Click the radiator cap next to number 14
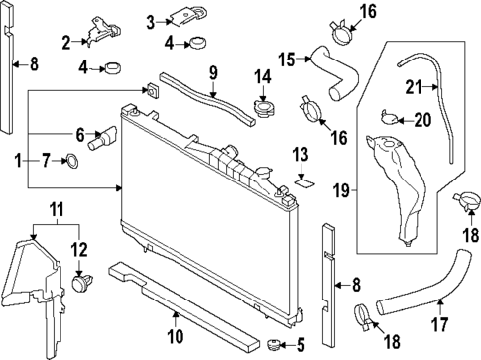[264, 106]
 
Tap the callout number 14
[263, 77]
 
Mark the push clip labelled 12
[82, 283]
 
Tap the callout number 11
[57, 210]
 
